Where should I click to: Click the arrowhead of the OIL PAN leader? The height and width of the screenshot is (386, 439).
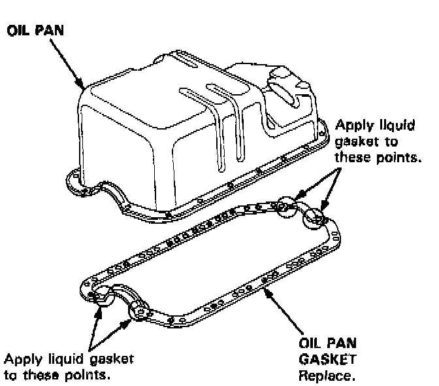[82, 87]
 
